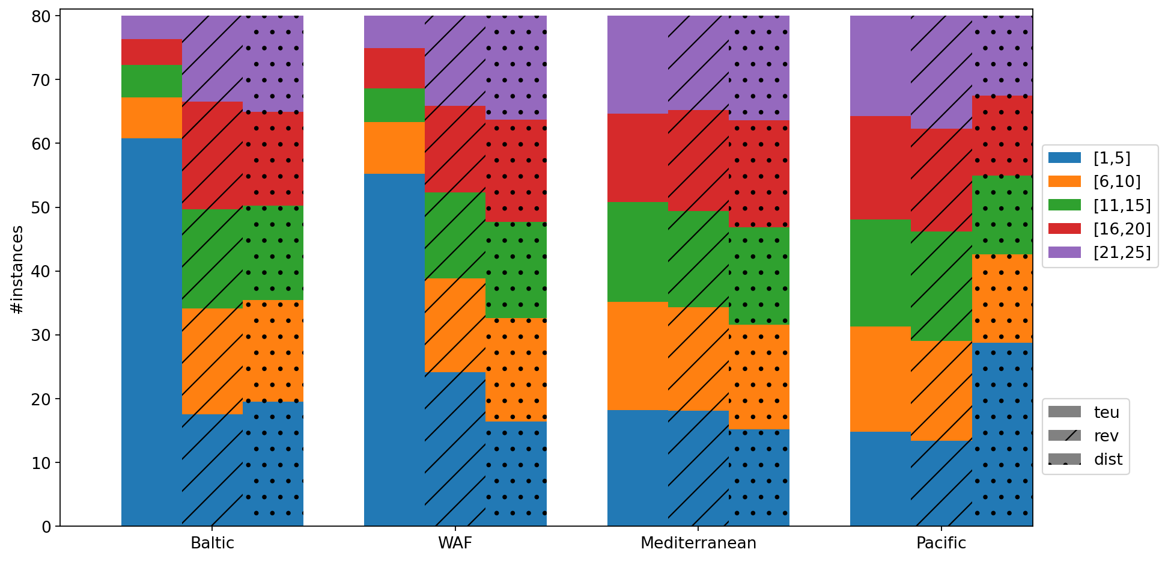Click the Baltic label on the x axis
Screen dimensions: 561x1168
coord(212,544)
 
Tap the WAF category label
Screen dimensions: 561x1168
coord(455,544)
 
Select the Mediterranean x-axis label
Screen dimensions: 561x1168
coord(698,544)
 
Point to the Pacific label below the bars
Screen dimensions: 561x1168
coord(941,544)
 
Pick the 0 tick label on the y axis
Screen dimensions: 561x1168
coord(47,527)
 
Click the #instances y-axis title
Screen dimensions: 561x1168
coord(17,269)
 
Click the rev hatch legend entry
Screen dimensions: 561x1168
coord(1085,436)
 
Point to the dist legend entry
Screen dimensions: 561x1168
coord(1085,460)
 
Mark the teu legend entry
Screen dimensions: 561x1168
coord(1085,412)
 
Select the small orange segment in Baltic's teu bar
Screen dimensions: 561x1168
coord(151,118)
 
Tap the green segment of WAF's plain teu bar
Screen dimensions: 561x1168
coord(394,105)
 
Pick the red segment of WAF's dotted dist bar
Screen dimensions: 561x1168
coord(516,171)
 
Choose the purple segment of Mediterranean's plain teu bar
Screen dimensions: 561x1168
coord(637,64)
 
